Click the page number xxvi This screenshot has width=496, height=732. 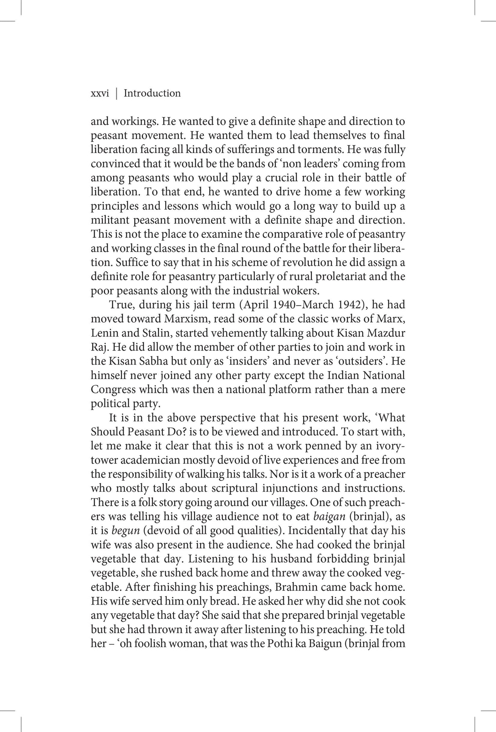100,94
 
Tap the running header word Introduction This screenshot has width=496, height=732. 152,93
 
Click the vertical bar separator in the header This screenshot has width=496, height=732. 116,94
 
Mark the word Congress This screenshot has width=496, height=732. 112,390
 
